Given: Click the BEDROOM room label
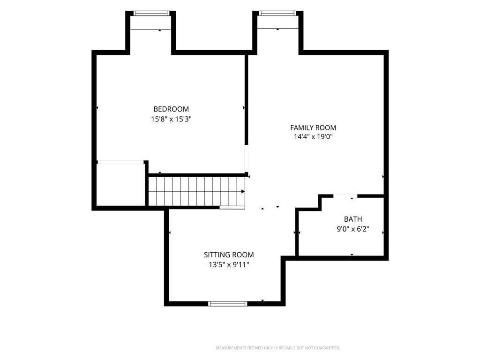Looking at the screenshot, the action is click(171, 109).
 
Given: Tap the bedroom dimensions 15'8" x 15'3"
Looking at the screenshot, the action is click(171, 119).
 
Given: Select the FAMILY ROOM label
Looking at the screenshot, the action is click(313, 127).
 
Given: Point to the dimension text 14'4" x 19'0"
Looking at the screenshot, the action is click(313, 136).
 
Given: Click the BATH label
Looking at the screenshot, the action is click(353, 219).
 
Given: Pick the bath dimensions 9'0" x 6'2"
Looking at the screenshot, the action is click(353, 229).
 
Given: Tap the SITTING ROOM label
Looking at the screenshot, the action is click(229, 255).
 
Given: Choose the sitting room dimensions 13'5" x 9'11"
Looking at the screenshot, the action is click(229, 265).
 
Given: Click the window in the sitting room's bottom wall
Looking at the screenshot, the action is click(227, 304).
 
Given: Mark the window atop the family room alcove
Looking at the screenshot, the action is click(278, 13).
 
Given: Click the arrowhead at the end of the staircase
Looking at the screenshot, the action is click(243, 192).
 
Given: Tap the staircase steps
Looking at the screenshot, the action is click(196, 192).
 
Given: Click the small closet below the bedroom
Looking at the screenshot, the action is click(120, 185).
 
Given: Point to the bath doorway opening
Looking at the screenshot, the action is click(345, 195).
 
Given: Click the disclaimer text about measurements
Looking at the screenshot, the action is click(278, 348).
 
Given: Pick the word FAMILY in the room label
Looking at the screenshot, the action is click(300, 127).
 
